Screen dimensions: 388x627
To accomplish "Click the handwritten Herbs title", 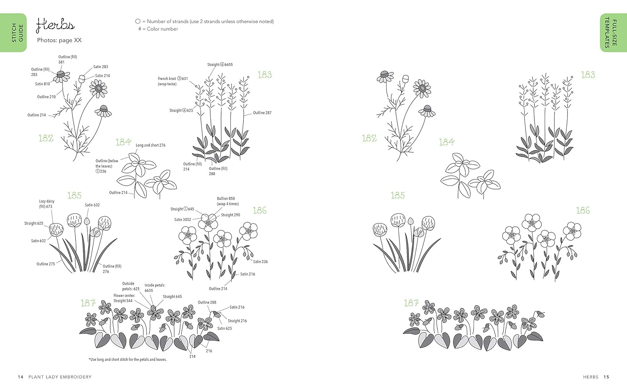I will click(x=55, y=25).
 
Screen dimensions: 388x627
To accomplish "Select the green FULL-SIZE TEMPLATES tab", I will click(x=613, y=33).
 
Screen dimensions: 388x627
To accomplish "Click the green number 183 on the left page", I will click(x=265, y=75).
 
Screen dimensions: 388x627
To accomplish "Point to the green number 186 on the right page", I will click(x=583, y=210).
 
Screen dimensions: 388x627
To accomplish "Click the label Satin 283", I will click(x=100, y=67).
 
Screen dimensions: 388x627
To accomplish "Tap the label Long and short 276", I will click(x=150, y=145).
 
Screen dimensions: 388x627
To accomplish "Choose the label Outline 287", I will click(x=262, y=113).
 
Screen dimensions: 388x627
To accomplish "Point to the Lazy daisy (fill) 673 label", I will click(x=46, y=204).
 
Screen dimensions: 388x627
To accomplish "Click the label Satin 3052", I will click(x=183, y=220).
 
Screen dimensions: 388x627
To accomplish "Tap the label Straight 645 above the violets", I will click(x=172, y=297).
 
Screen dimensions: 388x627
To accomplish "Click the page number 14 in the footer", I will click(x=20, y=377).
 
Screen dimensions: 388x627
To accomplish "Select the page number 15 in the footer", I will click(x=606, y=377).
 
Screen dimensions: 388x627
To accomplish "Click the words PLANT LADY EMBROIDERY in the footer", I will click(x=60, y=377).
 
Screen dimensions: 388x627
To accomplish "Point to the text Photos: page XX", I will click(x=59, y=40).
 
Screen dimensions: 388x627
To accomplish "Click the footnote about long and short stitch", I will click(x=127, y=359).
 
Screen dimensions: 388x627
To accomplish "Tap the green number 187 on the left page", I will click(x=88, y=303).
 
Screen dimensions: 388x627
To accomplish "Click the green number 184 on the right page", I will click(x=446, y=142).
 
